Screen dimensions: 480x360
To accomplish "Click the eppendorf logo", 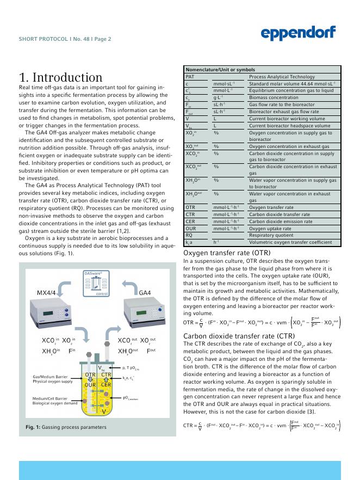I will click(x=298, y=33).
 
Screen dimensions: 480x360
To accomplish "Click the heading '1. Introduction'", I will click(x=61, y=77).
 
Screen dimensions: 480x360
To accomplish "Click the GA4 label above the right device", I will click(x=145, y=293).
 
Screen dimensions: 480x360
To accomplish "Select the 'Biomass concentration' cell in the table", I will click(x=274, y=97).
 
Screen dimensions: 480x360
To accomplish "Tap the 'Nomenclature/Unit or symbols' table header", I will click(x=220, y=70).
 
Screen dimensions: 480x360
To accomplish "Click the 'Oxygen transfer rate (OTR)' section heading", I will click(x=227, y=253).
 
